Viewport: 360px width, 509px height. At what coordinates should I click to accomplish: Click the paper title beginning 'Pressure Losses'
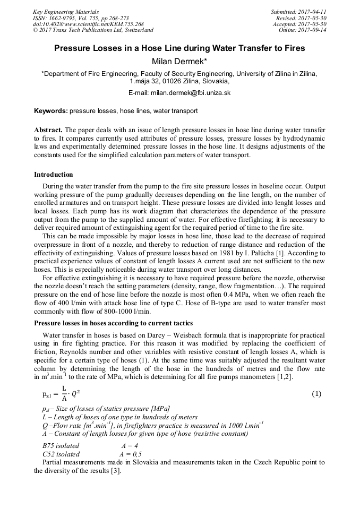(179, 48)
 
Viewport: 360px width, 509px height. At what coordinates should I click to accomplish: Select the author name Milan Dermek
(179, 62)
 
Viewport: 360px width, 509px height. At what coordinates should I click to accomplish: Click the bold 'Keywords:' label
(50, 111)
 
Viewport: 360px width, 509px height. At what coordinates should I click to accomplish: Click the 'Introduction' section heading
(54, 175)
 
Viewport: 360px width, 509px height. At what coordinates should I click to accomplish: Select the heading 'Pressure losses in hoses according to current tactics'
(114, 323)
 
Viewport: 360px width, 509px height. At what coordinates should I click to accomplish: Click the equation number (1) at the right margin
(316, 394)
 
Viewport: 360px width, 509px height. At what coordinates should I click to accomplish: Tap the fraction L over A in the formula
(64, 394)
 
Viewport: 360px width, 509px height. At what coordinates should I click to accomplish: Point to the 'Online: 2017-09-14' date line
(302, 30)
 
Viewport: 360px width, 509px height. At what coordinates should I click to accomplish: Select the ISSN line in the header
(81, 18)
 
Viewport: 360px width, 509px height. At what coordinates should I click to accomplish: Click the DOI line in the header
(88, 24)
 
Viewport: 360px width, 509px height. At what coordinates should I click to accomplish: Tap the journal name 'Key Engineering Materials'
(65, 12)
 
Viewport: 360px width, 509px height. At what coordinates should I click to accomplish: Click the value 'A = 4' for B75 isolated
(130, 446)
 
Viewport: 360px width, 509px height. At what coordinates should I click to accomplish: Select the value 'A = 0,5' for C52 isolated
(131, 454)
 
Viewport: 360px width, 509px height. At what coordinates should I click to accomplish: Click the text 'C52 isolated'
(61, 454)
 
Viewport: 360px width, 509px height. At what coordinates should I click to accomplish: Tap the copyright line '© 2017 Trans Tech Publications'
(93, 30)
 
